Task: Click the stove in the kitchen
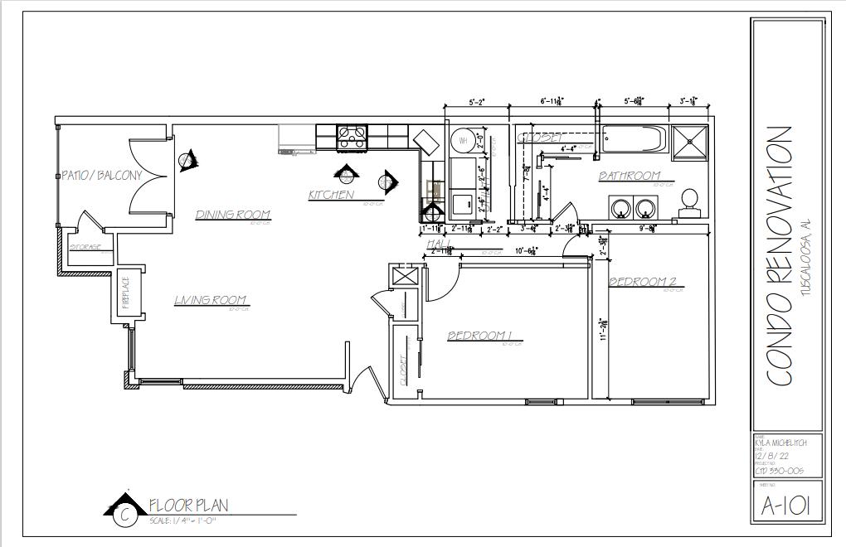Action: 352,138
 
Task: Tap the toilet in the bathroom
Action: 688,203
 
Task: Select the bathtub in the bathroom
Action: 633,138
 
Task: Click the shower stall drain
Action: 690,138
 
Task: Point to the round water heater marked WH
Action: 463,140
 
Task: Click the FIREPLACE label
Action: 126,293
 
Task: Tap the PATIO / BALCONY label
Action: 102,175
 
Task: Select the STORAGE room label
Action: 85,247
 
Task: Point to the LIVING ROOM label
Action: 211,300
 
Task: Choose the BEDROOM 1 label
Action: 480,336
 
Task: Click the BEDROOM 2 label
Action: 643,282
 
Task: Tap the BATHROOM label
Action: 630,176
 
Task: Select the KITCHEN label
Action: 331,196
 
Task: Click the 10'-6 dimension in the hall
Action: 526,249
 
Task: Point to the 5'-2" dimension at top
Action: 476,103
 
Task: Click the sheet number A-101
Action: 786,504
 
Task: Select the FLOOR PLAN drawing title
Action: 188,505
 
